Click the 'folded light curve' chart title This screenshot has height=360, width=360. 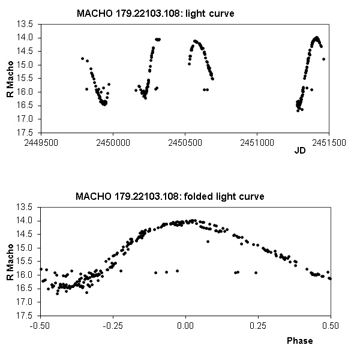[x=169, y=196]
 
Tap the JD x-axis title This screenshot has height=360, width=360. [x=300, y=151]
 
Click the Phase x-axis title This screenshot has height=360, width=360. [x=299, y=340]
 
